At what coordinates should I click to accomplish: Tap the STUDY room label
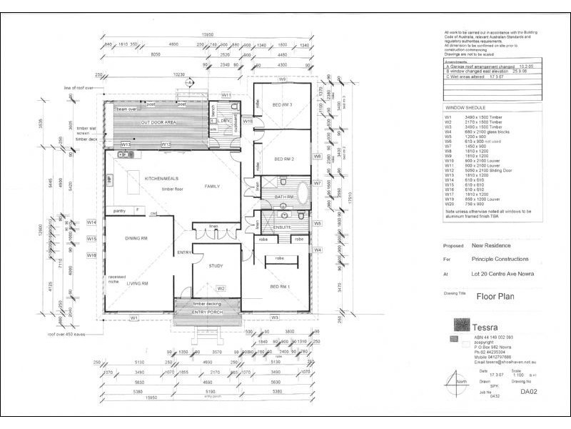(x=216, y=265)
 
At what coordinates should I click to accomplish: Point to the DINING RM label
(x=136, y=238)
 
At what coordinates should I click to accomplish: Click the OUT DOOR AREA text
(x=158, y=123)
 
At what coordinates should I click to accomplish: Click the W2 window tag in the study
(x=221, y=289)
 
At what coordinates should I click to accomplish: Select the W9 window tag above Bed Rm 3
(x=282, y=79)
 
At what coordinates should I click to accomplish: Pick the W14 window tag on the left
(x=91, y=222)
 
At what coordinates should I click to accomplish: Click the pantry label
(x=119, y=211)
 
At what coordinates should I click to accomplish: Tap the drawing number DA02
(x=528, y=392)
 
